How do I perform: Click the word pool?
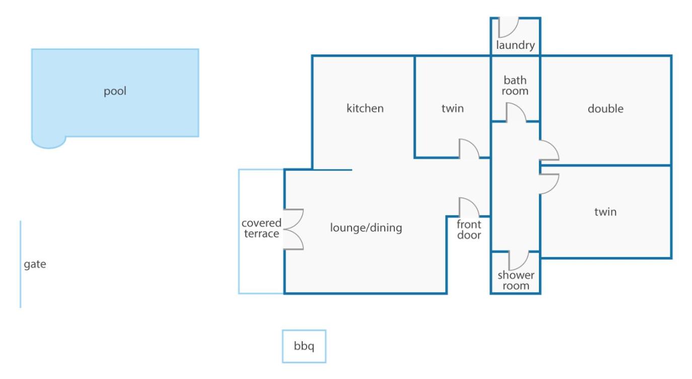(115, 91)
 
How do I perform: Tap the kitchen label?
(365, 108)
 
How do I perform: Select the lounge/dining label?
(366, 228)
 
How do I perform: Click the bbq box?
(304, 346)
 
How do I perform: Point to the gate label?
(35, 264)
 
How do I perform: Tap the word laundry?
(515, 45)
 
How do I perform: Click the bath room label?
(515, 86)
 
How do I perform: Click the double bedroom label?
(605, 108)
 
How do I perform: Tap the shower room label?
(516, 280)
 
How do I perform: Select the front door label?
(469, 230)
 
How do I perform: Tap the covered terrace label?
(261, 228)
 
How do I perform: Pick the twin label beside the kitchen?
(453, 108)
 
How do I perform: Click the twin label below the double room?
(605, 212)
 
